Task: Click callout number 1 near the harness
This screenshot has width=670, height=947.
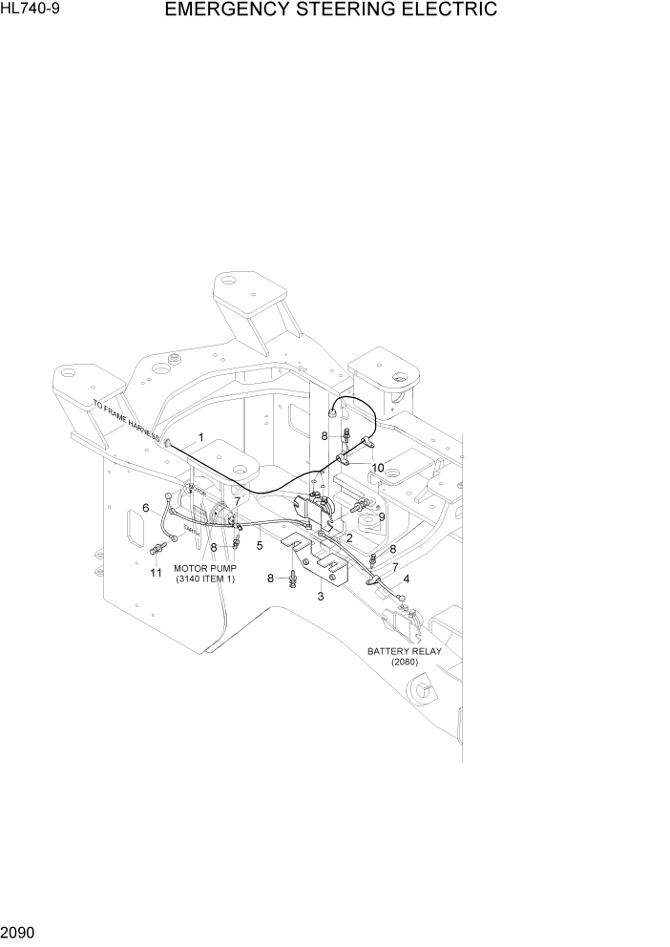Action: point(201,437)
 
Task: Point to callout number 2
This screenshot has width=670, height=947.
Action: point(349,538)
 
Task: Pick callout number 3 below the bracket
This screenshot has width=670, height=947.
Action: point(321,597)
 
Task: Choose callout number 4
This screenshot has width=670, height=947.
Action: point(407,579)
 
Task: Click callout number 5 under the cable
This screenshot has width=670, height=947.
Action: point(260,546)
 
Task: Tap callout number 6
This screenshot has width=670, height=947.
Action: point(146,508)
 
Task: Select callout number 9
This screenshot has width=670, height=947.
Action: point(381,516)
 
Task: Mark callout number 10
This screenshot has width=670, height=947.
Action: point(378,468)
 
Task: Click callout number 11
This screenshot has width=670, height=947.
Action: point(156,573)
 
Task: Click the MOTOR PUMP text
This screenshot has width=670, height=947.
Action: point(204,568)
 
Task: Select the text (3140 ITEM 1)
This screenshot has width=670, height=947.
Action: point(204,579)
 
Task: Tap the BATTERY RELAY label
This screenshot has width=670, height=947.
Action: point(405,651)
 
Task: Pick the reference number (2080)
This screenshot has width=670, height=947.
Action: point(405,663)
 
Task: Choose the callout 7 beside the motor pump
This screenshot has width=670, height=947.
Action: point(238,501)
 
